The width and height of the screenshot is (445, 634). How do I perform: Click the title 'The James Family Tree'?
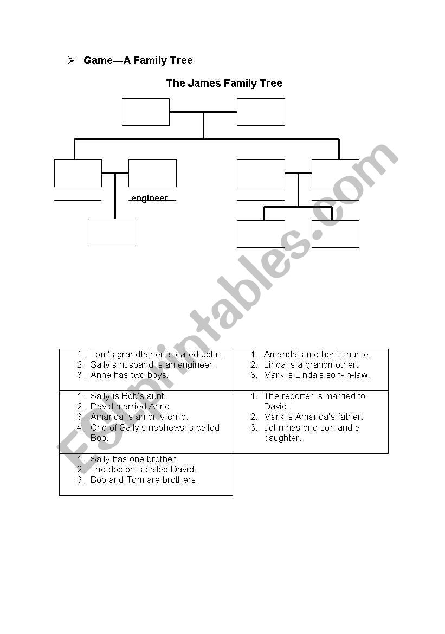click(x=224, y=84)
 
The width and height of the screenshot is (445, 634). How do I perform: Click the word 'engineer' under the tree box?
click(x=150, y=198)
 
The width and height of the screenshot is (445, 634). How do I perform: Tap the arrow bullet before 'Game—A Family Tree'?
click(x=71, y=60)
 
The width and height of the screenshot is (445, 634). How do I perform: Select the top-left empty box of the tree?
click(x=145, y=112)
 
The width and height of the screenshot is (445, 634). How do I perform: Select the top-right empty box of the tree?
click(x=261, y=112)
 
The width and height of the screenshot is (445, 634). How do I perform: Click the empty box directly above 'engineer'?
click(x=152, y=173)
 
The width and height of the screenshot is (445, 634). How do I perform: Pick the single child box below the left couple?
click(x=112, y=232)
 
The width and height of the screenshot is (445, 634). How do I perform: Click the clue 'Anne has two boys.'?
click(x=129, y=375)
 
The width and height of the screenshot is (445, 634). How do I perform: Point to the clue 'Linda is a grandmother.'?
click(x=311, y=365)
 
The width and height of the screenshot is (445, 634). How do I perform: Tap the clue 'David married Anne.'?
click(x=131, y=407)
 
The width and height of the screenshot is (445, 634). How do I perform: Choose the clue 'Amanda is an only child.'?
click(x=139, y=417)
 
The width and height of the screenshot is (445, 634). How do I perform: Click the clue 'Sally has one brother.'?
click(x=134, y=459)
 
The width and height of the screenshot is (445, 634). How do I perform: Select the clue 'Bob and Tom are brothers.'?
click(x=144, y=480)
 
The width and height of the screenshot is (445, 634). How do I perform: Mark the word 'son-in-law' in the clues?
click(x=349, y=375)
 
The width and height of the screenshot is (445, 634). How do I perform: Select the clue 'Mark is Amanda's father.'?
click(x=313, y=417)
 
